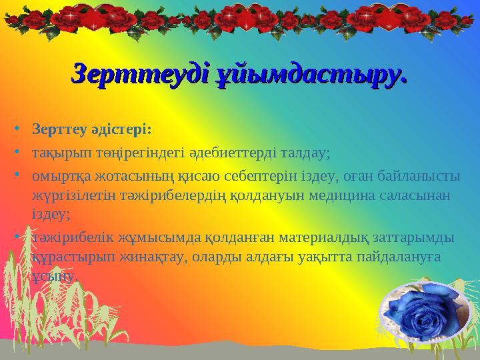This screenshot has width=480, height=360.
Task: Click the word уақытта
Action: pyautogui.click(x=306, y=256)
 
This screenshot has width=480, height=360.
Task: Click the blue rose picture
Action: pyautogui.click(x=421, y=312)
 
